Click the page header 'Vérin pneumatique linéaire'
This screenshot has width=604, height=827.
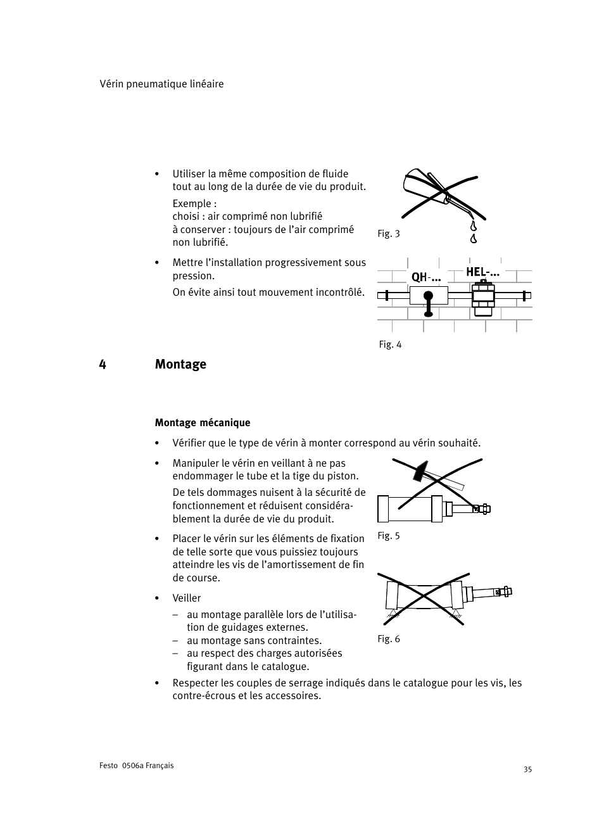[x=161, y=84]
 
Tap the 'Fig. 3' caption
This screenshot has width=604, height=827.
[x=388, y=234]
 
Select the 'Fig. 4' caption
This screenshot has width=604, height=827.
[x=390, y=344]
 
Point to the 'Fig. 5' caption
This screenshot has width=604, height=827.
[x=388, y=536]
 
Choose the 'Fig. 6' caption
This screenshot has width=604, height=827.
[x=388, y=639]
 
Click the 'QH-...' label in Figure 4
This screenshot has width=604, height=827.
[x=425, y=277]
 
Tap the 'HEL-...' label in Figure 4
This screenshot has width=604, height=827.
[x=482, y=272]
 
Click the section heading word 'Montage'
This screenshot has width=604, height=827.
[x=180, y=364]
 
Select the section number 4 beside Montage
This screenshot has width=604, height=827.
[x=103, y=364]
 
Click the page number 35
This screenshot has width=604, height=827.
[x=527, y=769]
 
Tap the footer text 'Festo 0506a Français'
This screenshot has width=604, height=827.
[x=136, y=766]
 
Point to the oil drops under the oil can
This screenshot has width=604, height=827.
[x=473, y=232]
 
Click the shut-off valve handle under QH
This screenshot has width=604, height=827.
[x=429, y=303]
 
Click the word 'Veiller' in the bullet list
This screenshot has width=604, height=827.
[x=187, y=598]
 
